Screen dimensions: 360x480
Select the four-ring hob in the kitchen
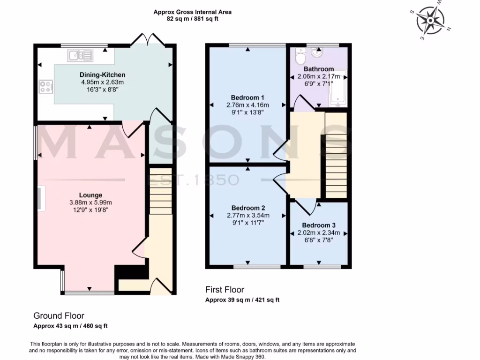[x=46, y=87]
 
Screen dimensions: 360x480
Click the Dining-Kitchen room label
[x=103, y=75]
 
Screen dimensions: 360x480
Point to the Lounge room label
[x=90, y=195]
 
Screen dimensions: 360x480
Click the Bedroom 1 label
[x=247, y=97]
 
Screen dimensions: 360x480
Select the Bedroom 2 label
[x=248, y=208]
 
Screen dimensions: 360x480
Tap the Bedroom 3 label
[x=319, y=225]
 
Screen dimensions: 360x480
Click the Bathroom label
[x=319, y=69]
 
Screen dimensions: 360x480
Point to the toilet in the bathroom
[x=300, y=58]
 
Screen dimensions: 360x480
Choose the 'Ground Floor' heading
[x=59, y=316]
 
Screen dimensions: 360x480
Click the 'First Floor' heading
[x=225, y=290]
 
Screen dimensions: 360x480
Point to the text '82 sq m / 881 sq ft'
[x=192, y=19]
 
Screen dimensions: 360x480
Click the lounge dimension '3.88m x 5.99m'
[x=90, y=202]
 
